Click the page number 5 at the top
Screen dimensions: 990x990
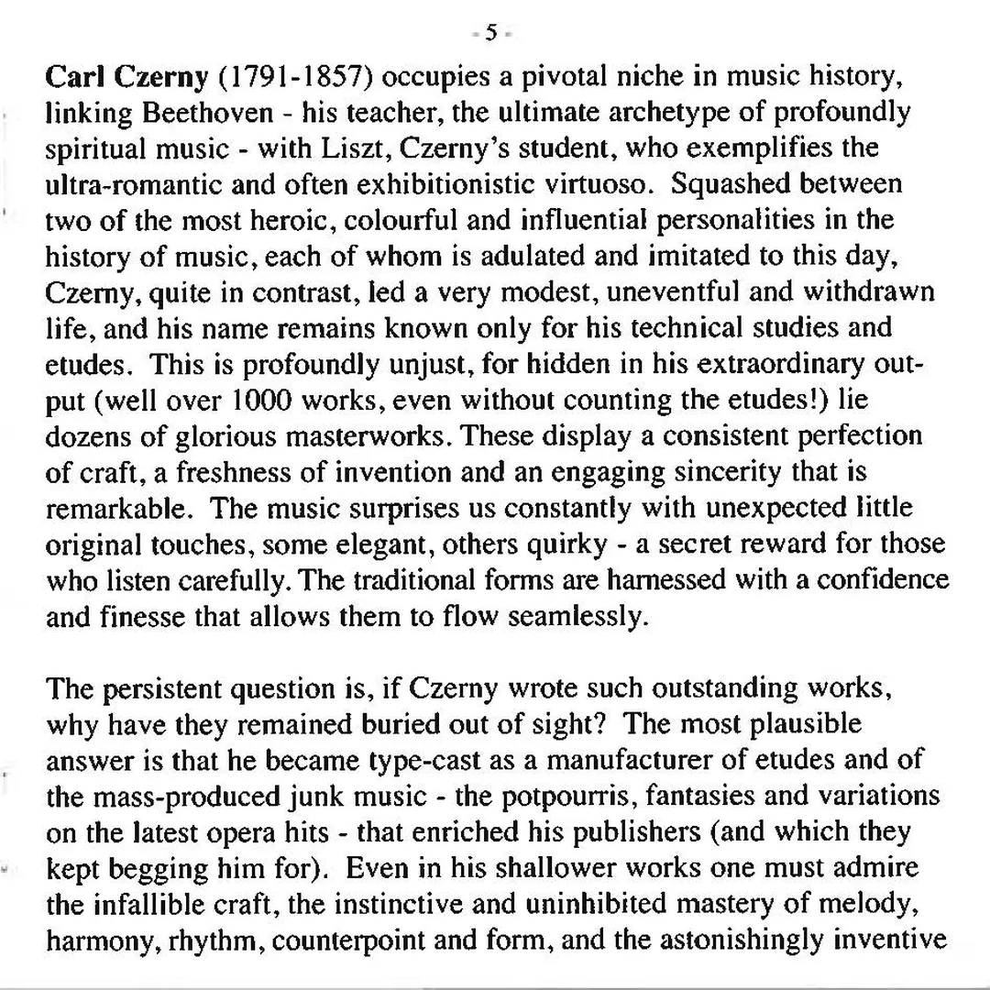(x=491, y=33)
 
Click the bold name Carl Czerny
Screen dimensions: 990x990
(x=127, y=77)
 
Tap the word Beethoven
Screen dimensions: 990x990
(x=208, y=113)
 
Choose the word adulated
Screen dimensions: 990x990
(x=511, y=255)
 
